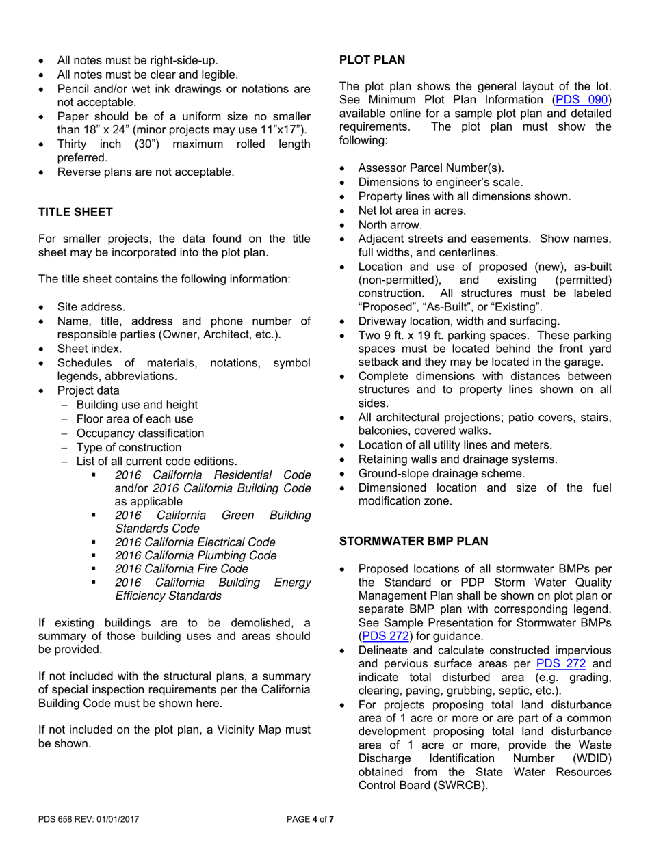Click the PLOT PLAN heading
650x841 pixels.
372,60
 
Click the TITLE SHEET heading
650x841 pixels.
75,212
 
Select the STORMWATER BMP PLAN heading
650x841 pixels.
414,542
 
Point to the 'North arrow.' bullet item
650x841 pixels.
390,224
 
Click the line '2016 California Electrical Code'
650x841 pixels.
195,542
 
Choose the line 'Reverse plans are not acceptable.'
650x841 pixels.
145,172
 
